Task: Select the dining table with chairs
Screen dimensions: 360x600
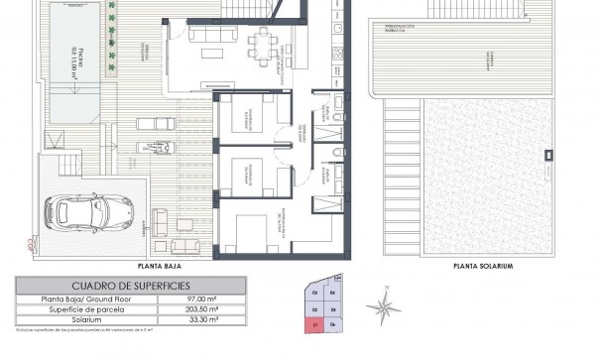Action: [x=262, y=44]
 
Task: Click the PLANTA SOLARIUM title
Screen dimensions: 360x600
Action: [x=483, y=266]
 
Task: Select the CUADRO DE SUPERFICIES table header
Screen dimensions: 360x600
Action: [x=117, y=283]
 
